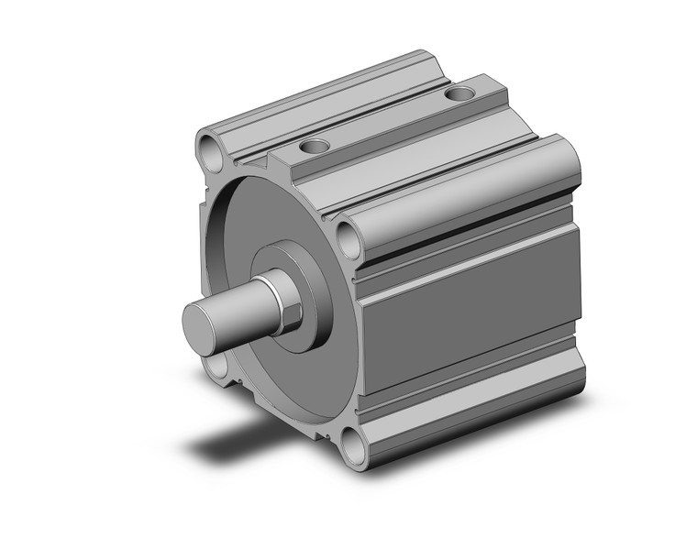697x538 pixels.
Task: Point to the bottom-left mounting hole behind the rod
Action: click(216, 368)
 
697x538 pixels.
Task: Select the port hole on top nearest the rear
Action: click(460, 93)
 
